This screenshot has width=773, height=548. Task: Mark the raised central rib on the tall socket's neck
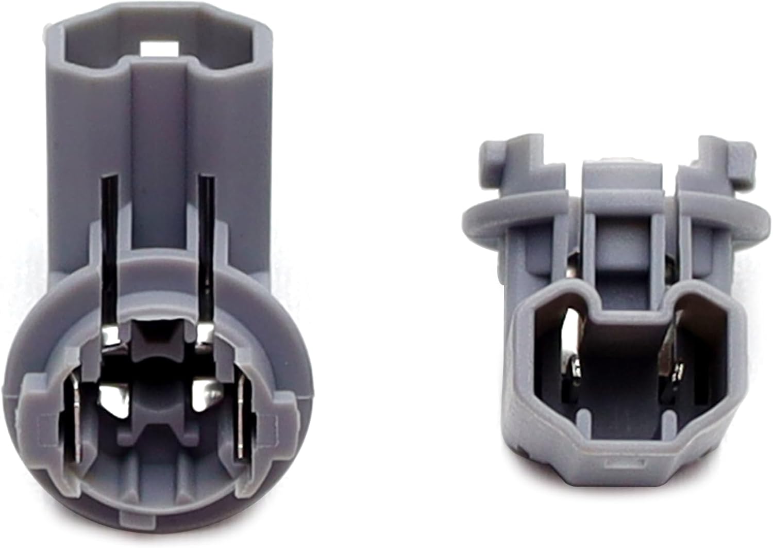(x=157, y=155)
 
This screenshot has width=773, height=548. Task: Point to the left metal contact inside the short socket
(x=574, y=351)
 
